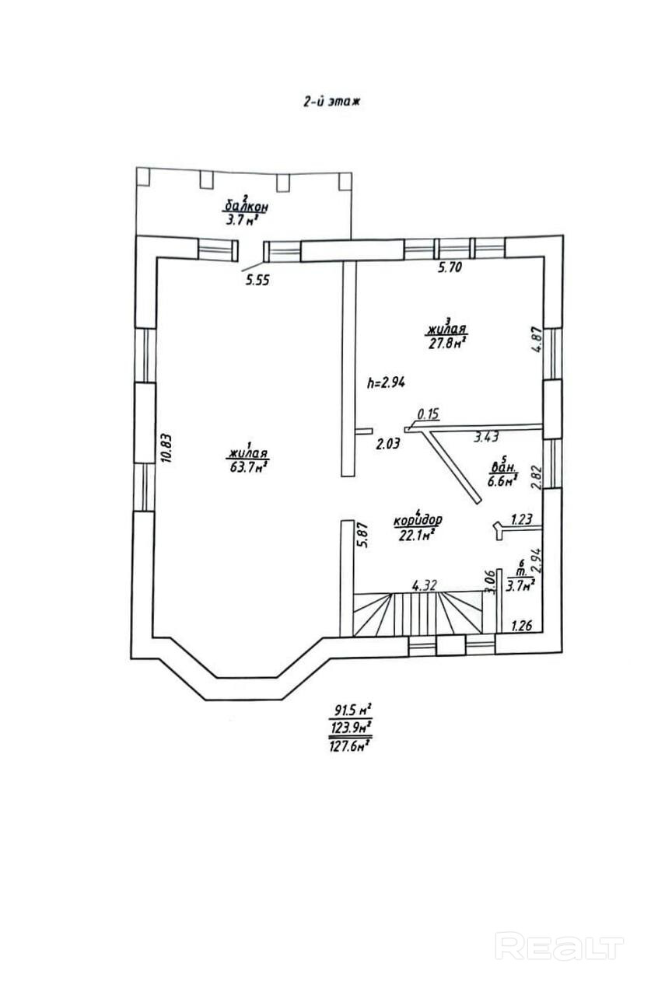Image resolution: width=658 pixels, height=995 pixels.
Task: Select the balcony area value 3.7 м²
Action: click(x=242, y=220)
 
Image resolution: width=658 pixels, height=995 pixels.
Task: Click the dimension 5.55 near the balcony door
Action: click(x=257, y=281)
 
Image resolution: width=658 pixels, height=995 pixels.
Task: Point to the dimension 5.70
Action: click(x=450, y=268)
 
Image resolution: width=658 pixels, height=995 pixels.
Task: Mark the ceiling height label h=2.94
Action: click(x=387, y=382)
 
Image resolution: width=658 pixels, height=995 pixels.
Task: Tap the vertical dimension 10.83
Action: click(x=164, y=448)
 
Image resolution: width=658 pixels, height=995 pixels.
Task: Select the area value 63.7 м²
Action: click(x=249, y=466)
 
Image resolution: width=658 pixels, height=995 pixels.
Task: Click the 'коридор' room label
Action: click(x=418, y=519)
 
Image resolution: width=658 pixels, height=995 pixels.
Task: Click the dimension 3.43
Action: click(x=488, y=438)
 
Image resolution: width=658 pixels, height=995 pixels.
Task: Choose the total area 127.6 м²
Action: click(x=349, y=744)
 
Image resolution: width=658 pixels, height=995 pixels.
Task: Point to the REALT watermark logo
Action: click(x=559, y=947)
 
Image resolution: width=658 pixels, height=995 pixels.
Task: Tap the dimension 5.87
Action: click(x=361, y=536)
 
